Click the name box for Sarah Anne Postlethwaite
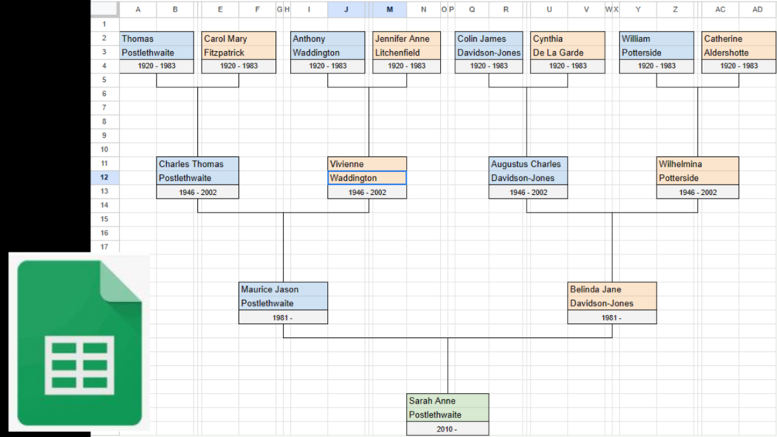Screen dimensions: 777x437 click(x=448, y=408)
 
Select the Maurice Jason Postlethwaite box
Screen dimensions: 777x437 click(x=283, y=295)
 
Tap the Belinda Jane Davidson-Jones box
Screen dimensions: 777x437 click(x=612, y=295)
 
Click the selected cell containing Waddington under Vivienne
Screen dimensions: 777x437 click(x=366, y=178)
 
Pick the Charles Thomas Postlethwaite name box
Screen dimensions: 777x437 click(x=198, y=171)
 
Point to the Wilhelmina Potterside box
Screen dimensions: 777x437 click(x=697, y=171)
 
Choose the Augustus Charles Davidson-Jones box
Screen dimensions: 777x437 click(x=528, y=171)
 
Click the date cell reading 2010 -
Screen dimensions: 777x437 click(x=448, y=429)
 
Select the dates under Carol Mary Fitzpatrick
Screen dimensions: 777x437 click(x=239, y=66)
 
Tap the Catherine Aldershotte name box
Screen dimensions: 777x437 click(x=739, y=46)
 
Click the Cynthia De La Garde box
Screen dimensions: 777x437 click(x=568, y=46)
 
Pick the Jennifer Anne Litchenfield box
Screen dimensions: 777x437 click(x=407, y=46)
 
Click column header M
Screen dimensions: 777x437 click(x=390, y=9)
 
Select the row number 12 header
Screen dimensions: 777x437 click(x=104, y=177)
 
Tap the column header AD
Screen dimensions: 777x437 click(x=757, y=9)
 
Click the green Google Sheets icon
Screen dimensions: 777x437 click(x=80, y=343)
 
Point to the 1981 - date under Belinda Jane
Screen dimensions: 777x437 click(x=612, y=318)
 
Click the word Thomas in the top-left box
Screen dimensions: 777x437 click(x=138, y=39)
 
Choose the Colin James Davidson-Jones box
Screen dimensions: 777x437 click(x=489, y=46)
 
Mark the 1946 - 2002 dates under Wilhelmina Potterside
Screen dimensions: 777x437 click(x=697, y=193)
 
